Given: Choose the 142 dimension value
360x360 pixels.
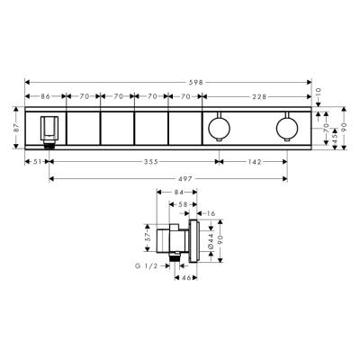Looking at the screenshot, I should [x=255, y=163].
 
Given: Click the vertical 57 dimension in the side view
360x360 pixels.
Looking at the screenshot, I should [x=147, y=239].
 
